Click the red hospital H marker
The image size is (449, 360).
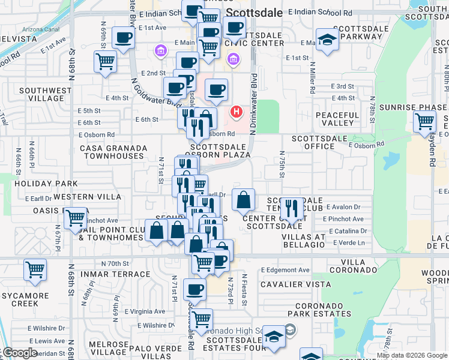pos(237,112)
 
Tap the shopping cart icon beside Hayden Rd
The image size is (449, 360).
pos(425,121)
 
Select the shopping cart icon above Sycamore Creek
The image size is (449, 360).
pos(35,270)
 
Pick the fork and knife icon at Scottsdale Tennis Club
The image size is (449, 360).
pos(292,209)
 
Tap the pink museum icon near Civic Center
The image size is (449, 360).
pos(233,59)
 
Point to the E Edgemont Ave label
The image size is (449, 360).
pos(285,270)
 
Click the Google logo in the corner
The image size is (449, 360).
pos(20,353)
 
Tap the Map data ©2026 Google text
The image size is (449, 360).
pos(412,355)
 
